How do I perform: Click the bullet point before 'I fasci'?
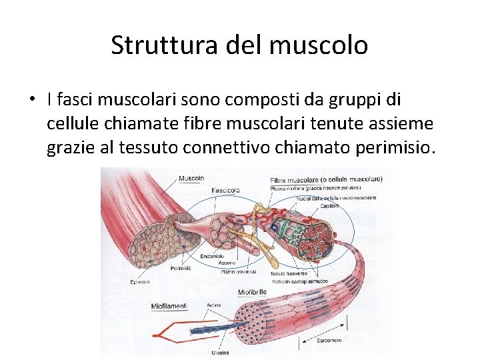click(31, 100)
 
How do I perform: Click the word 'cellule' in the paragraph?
click(71, 123)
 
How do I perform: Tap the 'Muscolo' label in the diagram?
click(191, 178)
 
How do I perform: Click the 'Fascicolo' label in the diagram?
click(225, 190)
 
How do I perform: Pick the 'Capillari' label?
click(329, 206)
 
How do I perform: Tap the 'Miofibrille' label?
click(252, 292)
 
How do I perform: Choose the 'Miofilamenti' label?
click(169, 306)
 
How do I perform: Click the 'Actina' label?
click(214, 305)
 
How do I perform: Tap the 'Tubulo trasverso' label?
click(288, 274)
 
